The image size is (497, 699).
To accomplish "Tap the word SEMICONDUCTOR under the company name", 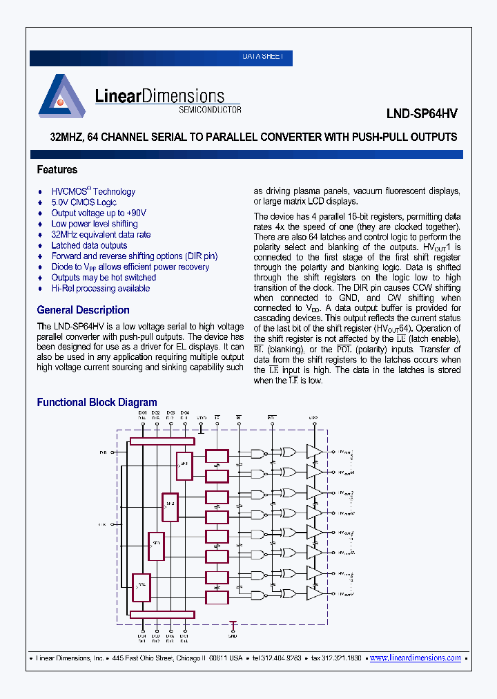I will pyautogui.click(x=210, y=110).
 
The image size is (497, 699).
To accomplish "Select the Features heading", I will pyautogui.click(x=57, y=170).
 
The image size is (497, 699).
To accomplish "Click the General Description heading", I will pyautogui.click(x=83, y=310).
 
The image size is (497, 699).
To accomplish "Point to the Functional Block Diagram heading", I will pyautogui.click(x=97, y=402).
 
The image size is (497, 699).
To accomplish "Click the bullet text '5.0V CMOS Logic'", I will pyautogui.click(x=84, y=202).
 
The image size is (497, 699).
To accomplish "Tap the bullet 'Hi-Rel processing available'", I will pyautogui.click(x=100, y=289).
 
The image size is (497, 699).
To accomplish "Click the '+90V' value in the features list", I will pyautogui.click(x=137, y=213).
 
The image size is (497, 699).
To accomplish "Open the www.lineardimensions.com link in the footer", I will pyautogui.click(x=416, y=658).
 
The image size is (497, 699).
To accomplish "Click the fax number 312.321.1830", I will pyautogui.click(x=338, y=658).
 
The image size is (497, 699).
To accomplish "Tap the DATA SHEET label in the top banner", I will pyautogui.click(x=262, y=57).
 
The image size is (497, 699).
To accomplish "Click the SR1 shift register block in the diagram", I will pyautogui.click(x=184, y=466).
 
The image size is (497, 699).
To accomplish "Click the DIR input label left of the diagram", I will pyautogui.click(x=103, y=452).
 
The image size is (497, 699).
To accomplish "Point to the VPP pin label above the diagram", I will pyautogui.click(x=313, y=418).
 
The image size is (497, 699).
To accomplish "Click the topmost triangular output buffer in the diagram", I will pyautogui.click(x=315, y=452).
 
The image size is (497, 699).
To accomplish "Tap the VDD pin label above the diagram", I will pyautogui.click(x=202, y=418).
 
